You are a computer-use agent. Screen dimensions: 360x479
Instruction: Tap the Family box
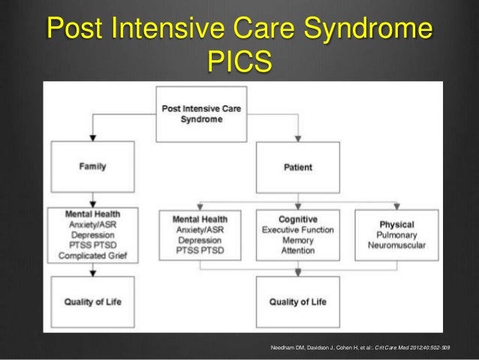tap(92, 166)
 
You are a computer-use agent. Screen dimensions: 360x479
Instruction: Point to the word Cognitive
tap(298, 219)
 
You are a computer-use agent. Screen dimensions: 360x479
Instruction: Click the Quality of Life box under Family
tap(93, 302)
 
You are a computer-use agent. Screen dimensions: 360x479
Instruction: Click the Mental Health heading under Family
tap(92, 213)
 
